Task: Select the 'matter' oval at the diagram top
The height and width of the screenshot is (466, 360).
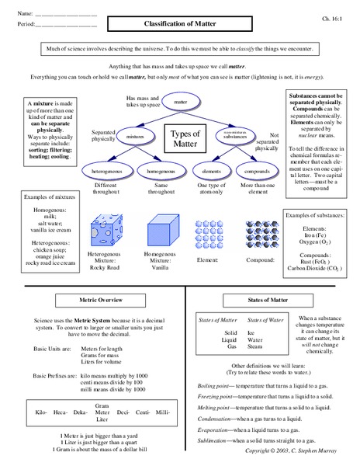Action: (181, 102)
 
